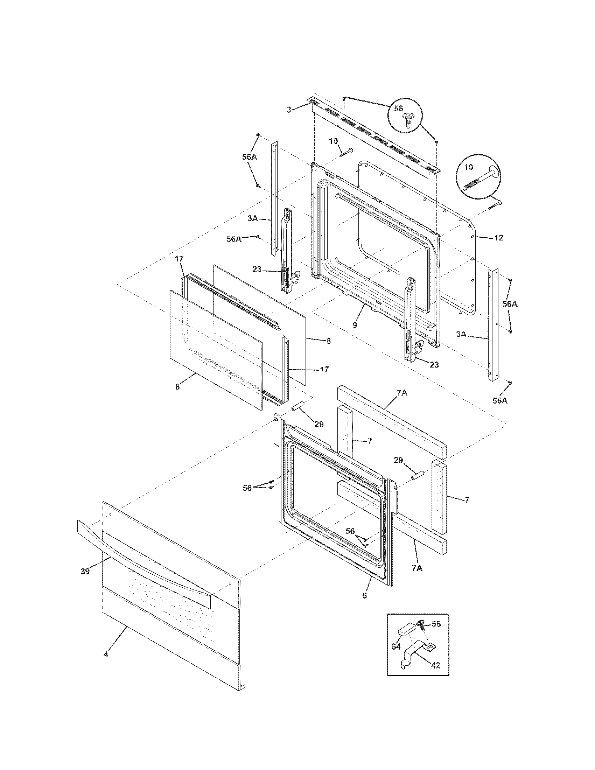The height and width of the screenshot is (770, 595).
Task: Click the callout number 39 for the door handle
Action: (x=85, y=572)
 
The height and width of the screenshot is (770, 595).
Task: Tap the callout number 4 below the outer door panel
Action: (x=106, y=655)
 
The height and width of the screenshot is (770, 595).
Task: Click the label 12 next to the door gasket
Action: (x=498, y=238)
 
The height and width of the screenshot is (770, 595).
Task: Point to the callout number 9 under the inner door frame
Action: (x=355, y=325)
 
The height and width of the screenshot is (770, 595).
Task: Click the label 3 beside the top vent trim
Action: (x=289, y=110)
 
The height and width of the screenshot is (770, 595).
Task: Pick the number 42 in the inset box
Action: (x=436, y=665)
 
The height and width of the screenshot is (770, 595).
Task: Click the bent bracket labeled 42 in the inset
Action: (x=416, y=654)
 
